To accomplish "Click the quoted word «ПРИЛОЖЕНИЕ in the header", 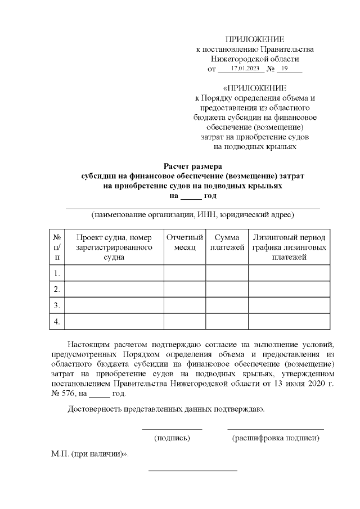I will pos(254,88).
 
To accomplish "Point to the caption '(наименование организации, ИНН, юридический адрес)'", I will pos(193,214).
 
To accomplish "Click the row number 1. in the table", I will pos(57,273).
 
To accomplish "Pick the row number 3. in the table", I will pos(57,305).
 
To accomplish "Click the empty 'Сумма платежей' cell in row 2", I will pos(227,289).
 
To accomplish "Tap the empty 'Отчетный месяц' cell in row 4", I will pos(184,321).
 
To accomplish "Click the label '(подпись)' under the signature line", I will pos(172,438).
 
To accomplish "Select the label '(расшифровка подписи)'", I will pos(276,438).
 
